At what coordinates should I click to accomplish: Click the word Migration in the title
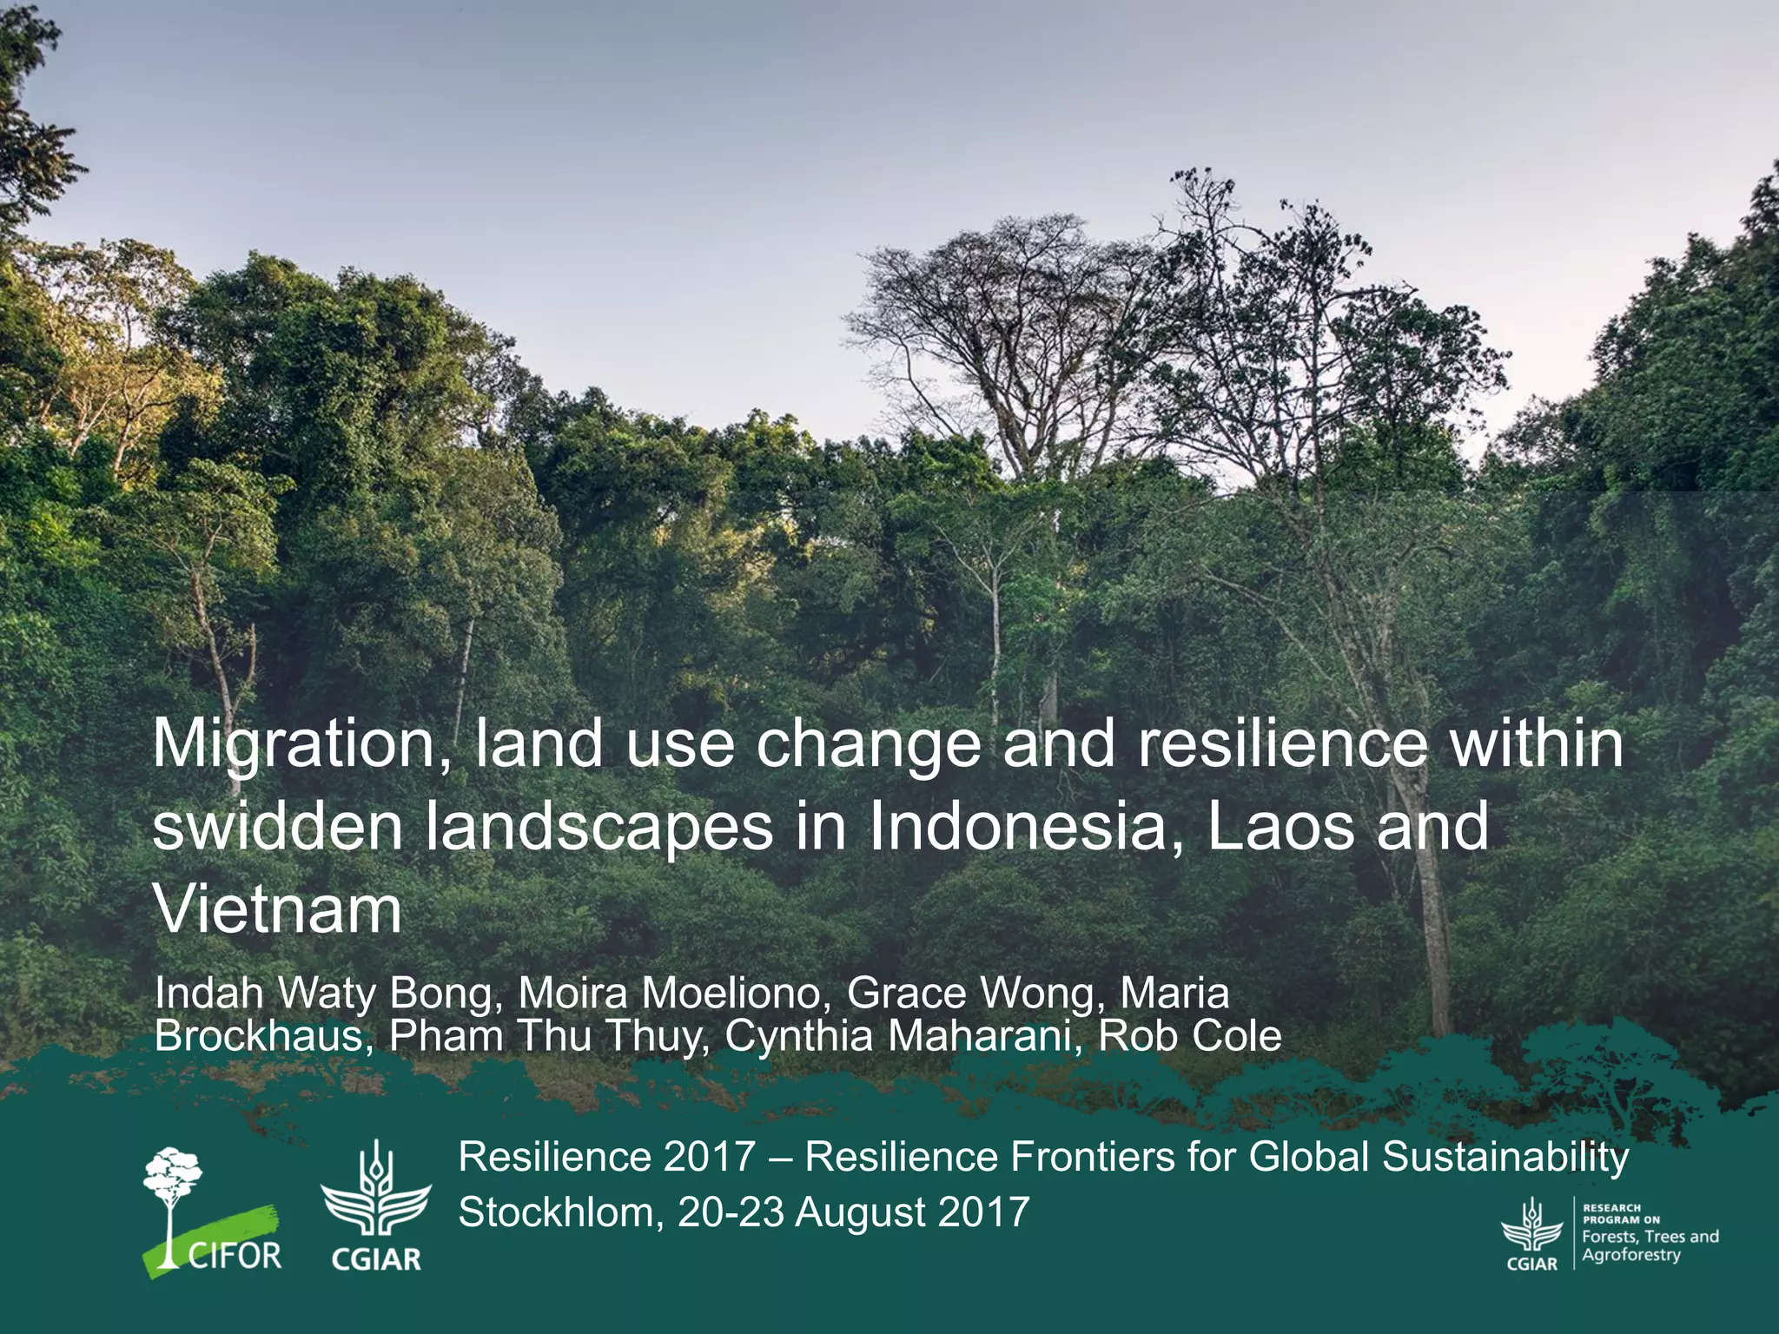click(295, 745)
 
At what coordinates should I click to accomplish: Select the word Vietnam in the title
click(277, 909)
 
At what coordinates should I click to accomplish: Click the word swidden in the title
click(277, 828)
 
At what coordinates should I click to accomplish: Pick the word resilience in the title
click(1281, 745)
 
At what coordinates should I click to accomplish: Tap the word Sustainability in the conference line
click(1505, 1158)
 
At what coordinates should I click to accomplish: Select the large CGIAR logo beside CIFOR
click(376, 1207)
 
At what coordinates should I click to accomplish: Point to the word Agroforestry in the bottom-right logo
click(1630, 1256)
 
